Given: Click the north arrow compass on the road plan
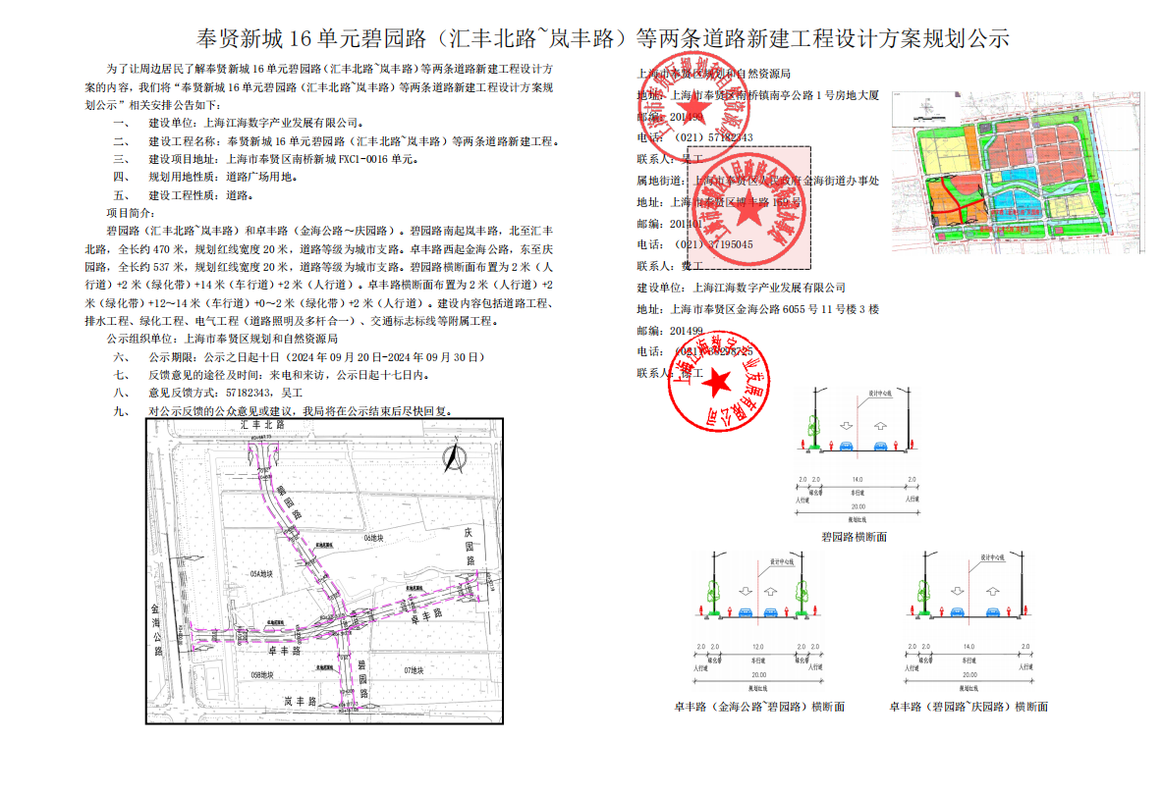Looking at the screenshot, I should tap(452, 457).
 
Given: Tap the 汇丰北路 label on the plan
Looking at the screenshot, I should tap(262, 426).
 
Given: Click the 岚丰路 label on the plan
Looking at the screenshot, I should tap(299, 702).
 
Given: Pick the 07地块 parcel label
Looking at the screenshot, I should tap(414, 670).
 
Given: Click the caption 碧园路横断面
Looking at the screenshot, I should tap(854, 537).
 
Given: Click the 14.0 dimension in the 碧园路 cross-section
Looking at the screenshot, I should tap(857, 479).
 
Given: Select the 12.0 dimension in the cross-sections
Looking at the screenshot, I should tap(757, 647).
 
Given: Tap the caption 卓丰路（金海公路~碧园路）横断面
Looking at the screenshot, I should tap(758, 707).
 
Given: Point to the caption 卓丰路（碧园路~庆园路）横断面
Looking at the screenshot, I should tap(968, 707).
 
